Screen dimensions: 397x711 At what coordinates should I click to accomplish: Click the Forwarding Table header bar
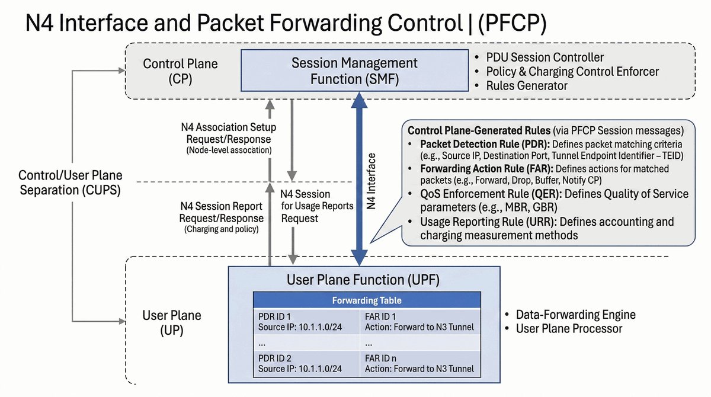pyautogui.click(x=367, y=300)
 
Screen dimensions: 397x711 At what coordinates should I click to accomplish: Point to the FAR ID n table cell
pyautogui.click(x=420, y=363)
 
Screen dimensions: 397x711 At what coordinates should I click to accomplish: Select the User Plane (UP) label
pyautogui.click(x=172, y=323)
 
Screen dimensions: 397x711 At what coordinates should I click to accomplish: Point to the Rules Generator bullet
pyautogui.click(x=526, y=86)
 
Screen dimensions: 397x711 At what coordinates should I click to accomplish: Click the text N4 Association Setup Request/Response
pyautogui.click(x=228, y=133)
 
